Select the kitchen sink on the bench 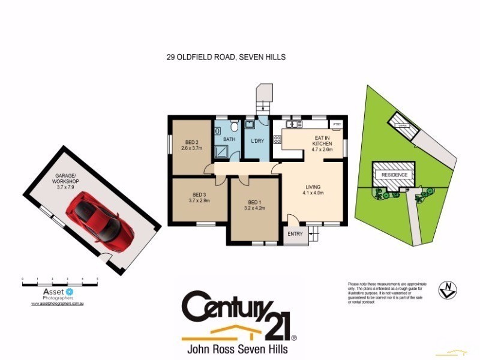tap(293, 124)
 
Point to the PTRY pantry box tap(337, 124)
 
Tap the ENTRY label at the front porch tap(295, 234)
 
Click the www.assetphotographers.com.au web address tap(60, 304)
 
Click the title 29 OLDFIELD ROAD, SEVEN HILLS tap(226, 58)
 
